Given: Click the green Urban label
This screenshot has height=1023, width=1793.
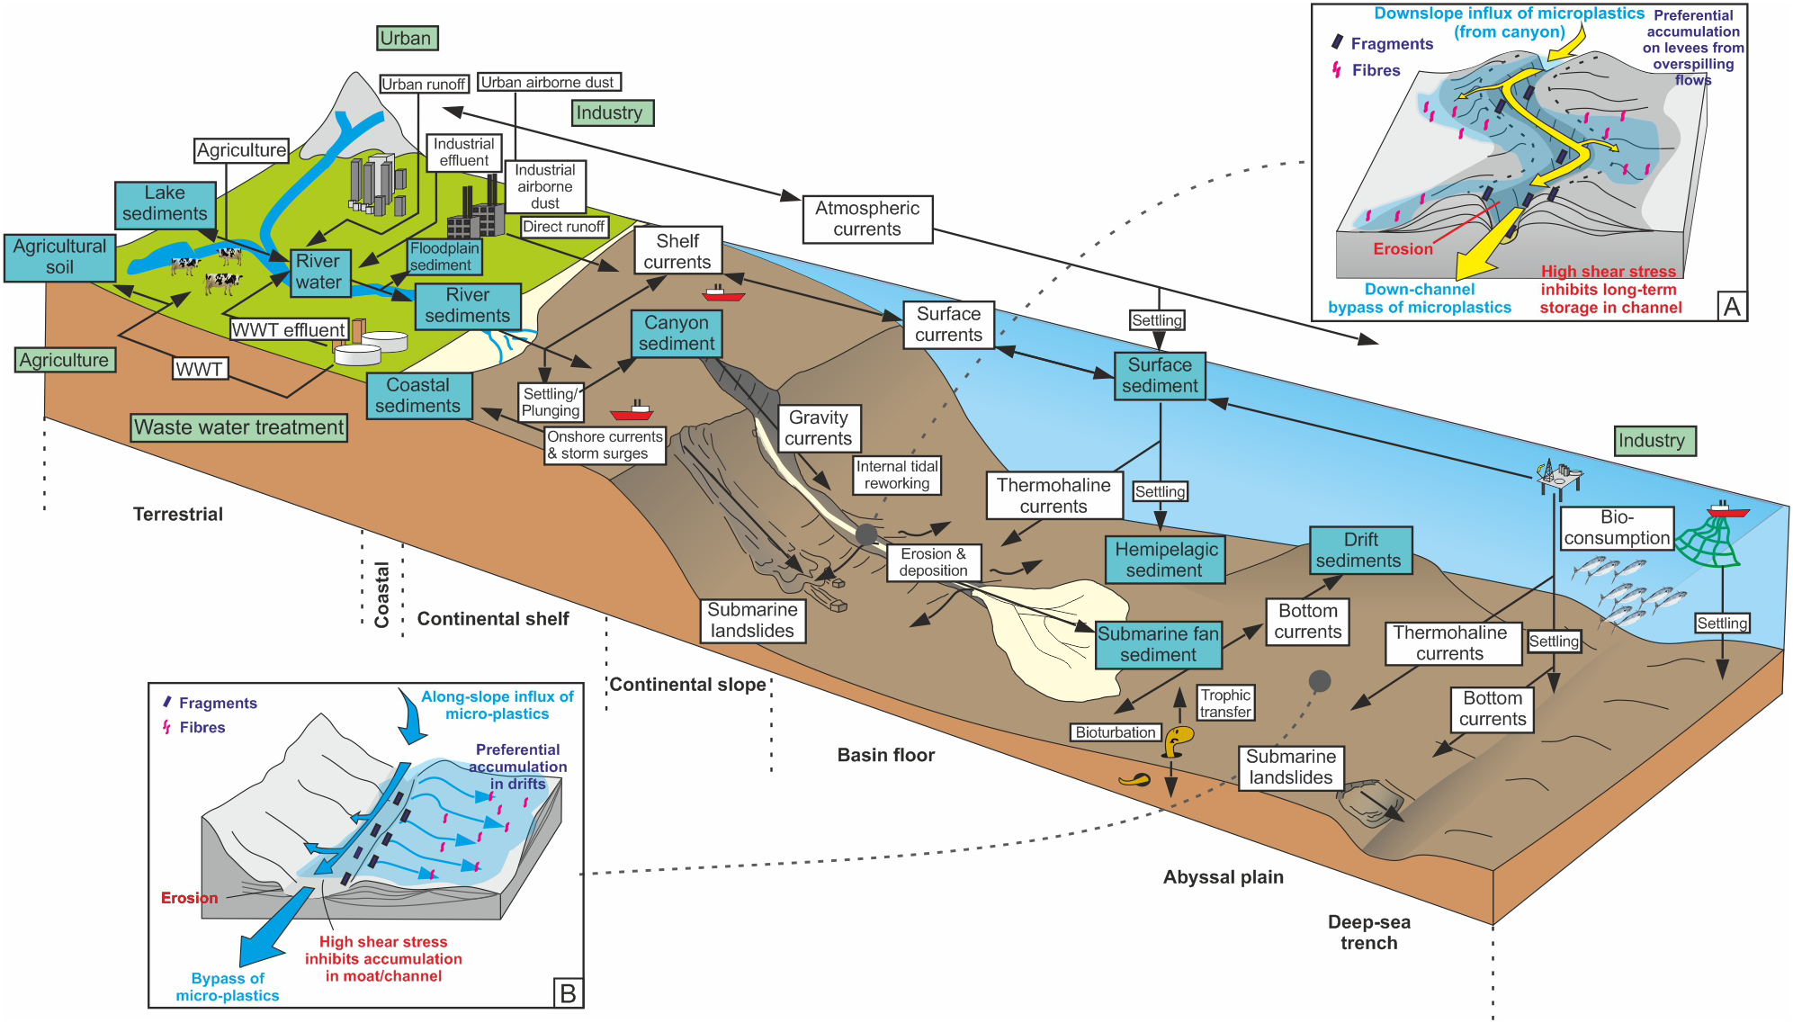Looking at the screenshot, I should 407,38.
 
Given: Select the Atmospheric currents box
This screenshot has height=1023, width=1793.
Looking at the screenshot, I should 867,219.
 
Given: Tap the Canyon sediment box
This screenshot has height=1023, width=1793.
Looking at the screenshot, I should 677,333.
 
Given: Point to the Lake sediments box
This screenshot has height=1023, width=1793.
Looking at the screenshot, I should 166,203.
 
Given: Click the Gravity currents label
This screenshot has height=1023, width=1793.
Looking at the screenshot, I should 818,428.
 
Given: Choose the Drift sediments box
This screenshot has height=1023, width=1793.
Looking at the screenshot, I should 1359,550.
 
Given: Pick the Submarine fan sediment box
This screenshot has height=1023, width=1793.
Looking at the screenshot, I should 1158,644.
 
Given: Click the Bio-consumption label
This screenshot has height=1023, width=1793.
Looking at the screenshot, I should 1617,528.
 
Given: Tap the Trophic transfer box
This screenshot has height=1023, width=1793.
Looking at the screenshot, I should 1225,704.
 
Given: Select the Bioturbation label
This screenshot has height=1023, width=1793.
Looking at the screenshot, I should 1115,732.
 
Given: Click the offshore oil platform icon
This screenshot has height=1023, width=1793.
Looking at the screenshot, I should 1559,475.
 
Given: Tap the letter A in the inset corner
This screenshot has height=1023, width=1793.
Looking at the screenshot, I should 1732,307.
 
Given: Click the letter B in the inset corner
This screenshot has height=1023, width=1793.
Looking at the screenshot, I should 568,993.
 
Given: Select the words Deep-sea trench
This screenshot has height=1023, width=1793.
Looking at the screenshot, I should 1368,932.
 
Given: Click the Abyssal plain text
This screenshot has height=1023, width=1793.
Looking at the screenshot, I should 1223,877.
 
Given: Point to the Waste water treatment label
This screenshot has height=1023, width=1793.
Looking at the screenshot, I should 239,427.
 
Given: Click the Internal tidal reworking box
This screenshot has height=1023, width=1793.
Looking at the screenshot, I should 897,475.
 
